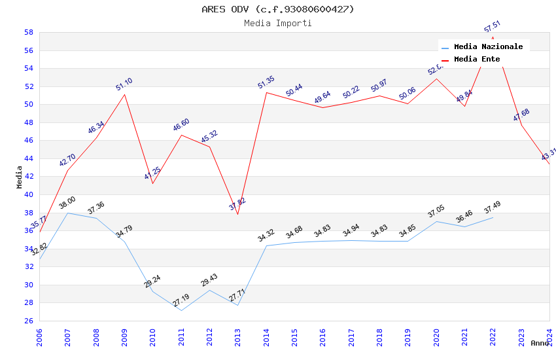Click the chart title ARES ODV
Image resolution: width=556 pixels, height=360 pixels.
[x=278, y=9]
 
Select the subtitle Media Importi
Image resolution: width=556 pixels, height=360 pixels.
[x=278, y=23]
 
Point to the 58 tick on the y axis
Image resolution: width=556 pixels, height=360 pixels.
[x=29, y=32]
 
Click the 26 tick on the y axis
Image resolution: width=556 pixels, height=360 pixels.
[x=29, y=321]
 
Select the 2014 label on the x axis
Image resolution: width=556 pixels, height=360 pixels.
[x=266, y=337]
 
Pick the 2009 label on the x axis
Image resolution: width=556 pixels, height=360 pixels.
[x=124, y=337]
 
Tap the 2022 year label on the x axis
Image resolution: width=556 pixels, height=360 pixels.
[x=493, y=337]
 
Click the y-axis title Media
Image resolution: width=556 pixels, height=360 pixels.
[x=20, y=177]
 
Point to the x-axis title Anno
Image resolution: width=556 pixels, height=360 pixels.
[x=540, y=343]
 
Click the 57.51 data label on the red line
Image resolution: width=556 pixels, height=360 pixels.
[x=493, y=26]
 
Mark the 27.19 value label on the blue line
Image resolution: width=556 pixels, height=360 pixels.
[x=181, y=300]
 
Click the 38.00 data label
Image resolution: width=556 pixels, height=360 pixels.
[x=67, y=203]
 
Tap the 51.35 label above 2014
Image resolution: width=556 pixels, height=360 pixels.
[x=266, y=82]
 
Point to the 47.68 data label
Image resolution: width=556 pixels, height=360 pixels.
[x=521, y=115]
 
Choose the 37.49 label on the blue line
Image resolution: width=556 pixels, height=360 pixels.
[x=493, y=207]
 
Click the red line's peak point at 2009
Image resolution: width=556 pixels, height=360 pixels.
[x=124, y=94]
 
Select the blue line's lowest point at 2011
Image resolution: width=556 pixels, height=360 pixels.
[x=181, y=310]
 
